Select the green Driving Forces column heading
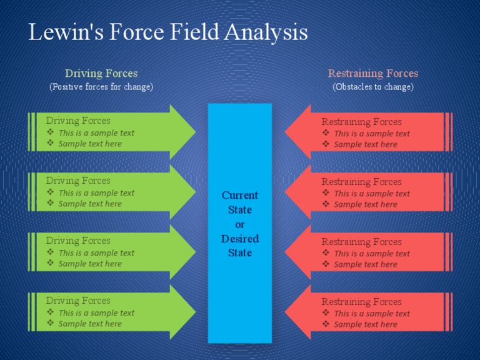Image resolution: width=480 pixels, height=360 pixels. pyautogui.click(x=101, y=74)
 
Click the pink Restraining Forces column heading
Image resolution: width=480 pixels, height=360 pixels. pyautogui.click(x=373, y=74)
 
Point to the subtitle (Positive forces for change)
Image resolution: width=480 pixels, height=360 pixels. pyautogui.click(x=101, y=87)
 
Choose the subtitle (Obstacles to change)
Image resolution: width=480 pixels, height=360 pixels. pyautogui.click(x=373, y=87)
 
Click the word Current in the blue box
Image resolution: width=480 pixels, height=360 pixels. pyautogui.click(x=240, y=195)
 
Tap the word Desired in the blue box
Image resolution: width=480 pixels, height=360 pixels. pyautogui.click(x=240, y=239)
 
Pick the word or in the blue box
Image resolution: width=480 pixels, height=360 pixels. pyautogui.click(x=240, y=224)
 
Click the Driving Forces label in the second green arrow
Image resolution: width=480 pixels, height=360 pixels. pyautogui.click(x=78, y=181)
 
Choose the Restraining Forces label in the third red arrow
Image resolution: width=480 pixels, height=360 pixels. pyautogui.click(x=361, y=242)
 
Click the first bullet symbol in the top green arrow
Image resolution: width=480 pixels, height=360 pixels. pyautogui.click(x=51, y=132)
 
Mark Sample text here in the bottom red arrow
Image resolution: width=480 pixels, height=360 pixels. pyautogui.click(x=365, y=324)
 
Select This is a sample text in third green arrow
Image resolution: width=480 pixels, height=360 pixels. pyautogui.click(x=96, y=253)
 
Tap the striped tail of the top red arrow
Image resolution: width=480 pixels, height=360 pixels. pyautogui.click(x=448, y=132)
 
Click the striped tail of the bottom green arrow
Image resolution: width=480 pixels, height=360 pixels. pyautogui.click(x=32, y=312)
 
